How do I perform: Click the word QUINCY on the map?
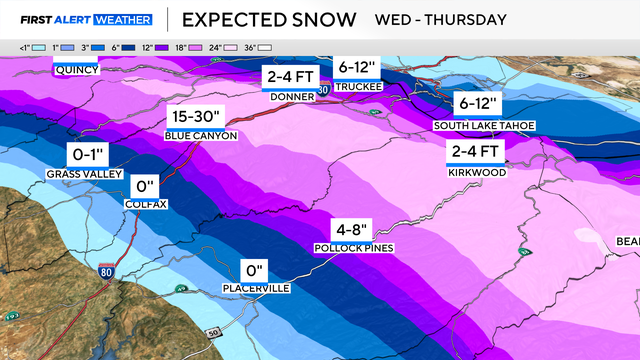click(76, 70)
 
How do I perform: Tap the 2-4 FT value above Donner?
click(289, 78)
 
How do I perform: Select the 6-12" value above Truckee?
click(359, 66)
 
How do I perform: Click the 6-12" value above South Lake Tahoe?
click(482, 105)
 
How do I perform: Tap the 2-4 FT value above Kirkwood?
click(476, 152)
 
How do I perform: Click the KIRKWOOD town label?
click(476, 172)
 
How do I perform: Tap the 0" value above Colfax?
click(146, 186)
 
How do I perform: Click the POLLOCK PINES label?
click(353, 247)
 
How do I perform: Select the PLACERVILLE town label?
click(257, 289)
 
